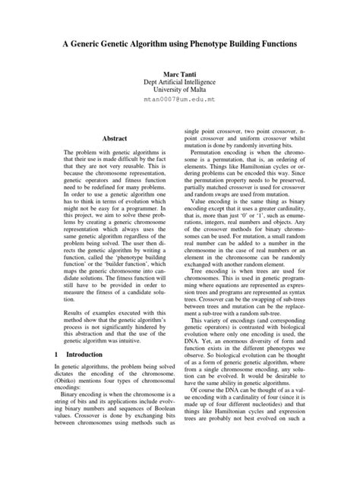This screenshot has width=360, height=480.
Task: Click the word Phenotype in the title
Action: click(x=216, y=45)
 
